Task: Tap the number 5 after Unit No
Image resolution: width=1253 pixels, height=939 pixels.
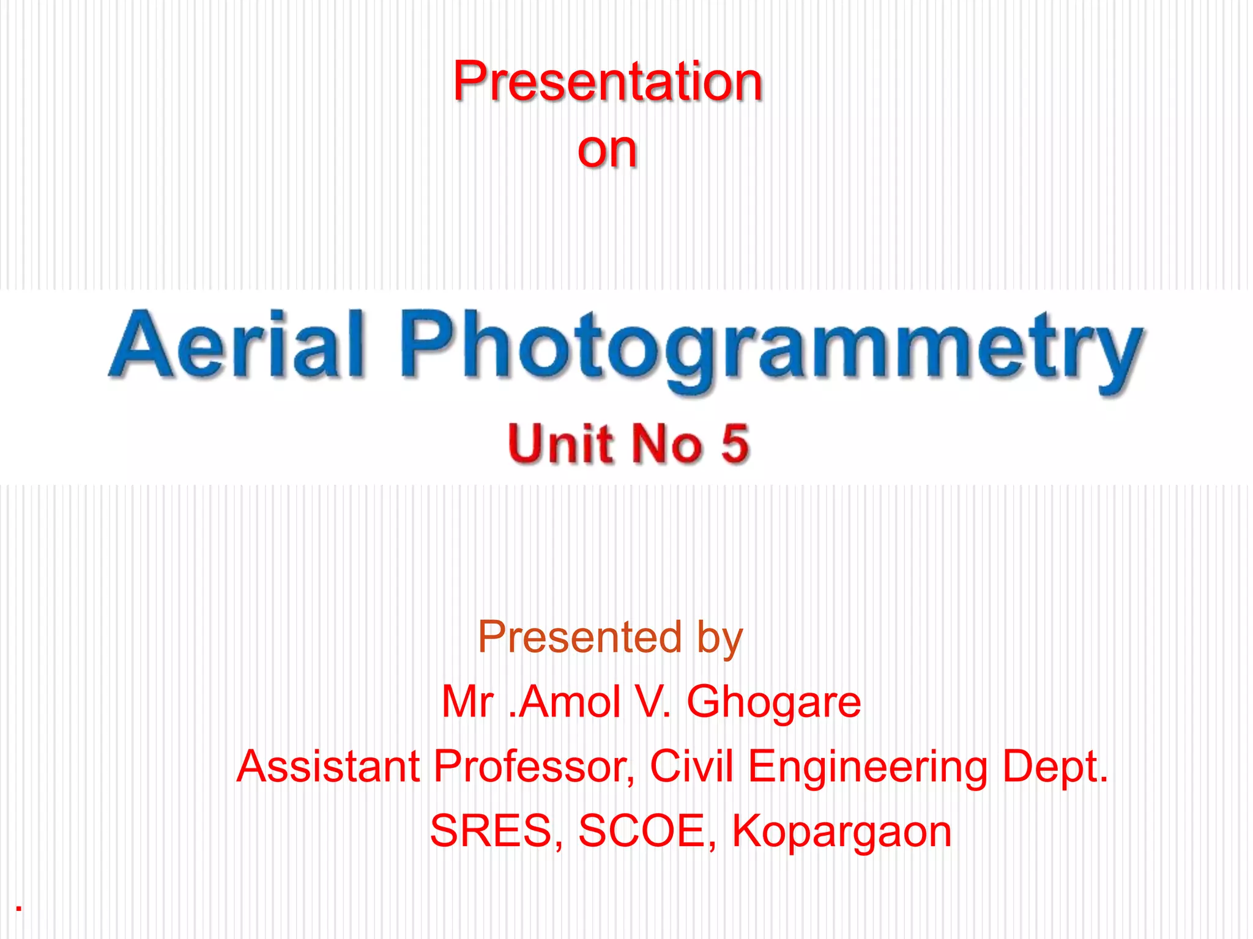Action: [734, 443]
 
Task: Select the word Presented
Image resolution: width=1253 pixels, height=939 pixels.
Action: [579, 637]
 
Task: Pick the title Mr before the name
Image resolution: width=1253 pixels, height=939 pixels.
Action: [468, 702]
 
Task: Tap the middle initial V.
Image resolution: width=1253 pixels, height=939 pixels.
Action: [653, 702]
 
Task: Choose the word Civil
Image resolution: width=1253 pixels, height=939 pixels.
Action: [691, 766]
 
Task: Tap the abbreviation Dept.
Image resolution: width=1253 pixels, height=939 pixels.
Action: [1055, 767]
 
